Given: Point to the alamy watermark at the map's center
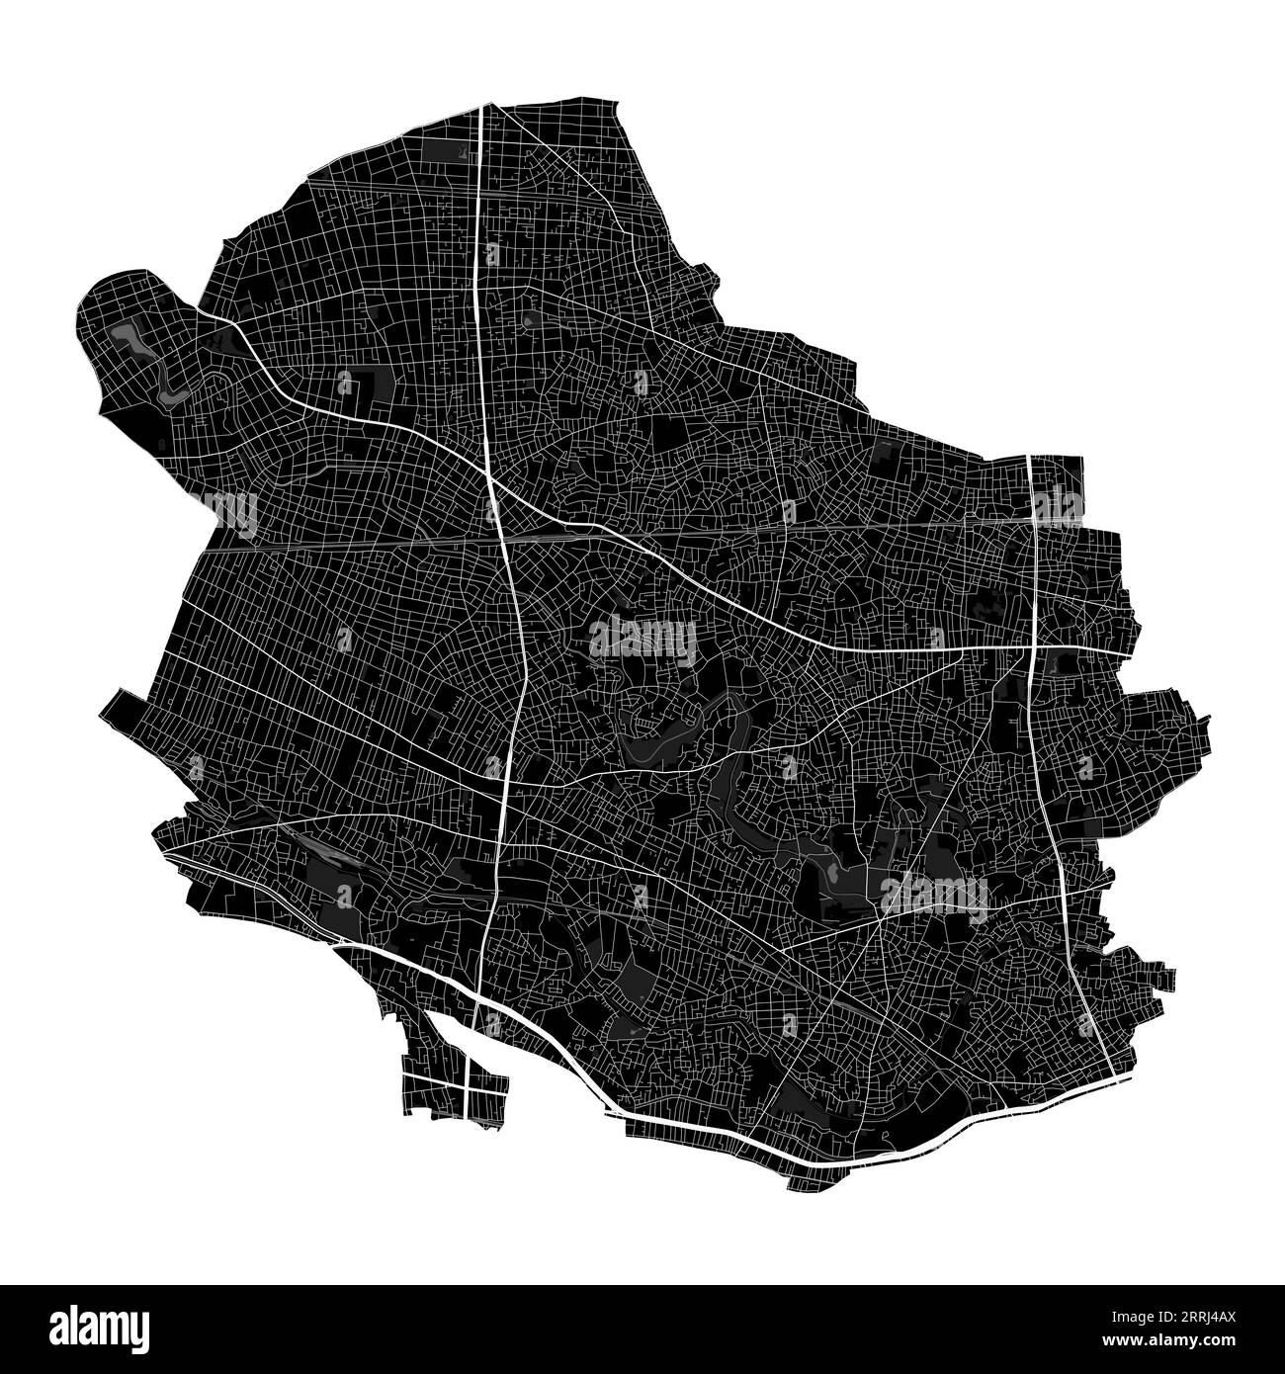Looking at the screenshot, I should coord(642,640).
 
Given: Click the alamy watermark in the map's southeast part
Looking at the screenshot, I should coord(934,893).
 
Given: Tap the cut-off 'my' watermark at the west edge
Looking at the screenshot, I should coord(234,512).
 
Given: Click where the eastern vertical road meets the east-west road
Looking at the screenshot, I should coord(1030,648).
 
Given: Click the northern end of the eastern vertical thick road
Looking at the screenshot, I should coord(1030,459).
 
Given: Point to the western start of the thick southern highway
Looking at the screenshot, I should coord(338,946).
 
